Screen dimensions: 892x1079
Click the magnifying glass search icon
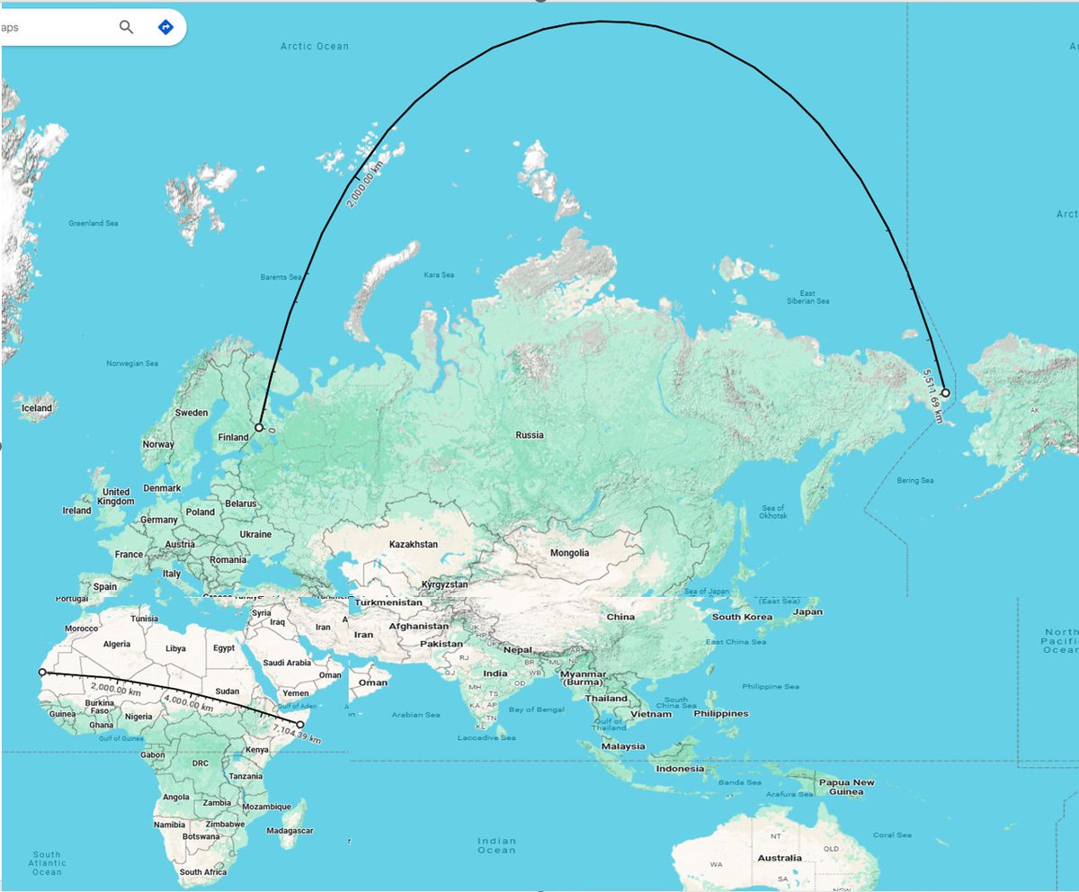(126, 27)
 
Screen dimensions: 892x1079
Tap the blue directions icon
(165, 27)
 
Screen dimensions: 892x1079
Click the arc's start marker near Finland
(259, 428)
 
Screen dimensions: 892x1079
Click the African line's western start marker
(42, 672)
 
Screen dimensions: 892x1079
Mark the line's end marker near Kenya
(300, 724)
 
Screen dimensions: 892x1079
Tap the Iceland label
(38, 408)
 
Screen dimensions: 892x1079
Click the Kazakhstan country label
(414, 545)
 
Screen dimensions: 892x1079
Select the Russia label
(530, 435)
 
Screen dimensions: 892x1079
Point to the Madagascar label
(290, 831)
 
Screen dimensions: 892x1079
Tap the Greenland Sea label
(94, 223)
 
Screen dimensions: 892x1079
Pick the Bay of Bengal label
(535, 709)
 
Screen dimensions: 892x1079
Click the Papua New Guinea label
(845, 787)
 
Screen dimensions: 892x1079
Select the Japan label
(807, 612)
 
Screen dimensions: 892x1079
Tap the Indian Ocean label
(496, 844)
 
